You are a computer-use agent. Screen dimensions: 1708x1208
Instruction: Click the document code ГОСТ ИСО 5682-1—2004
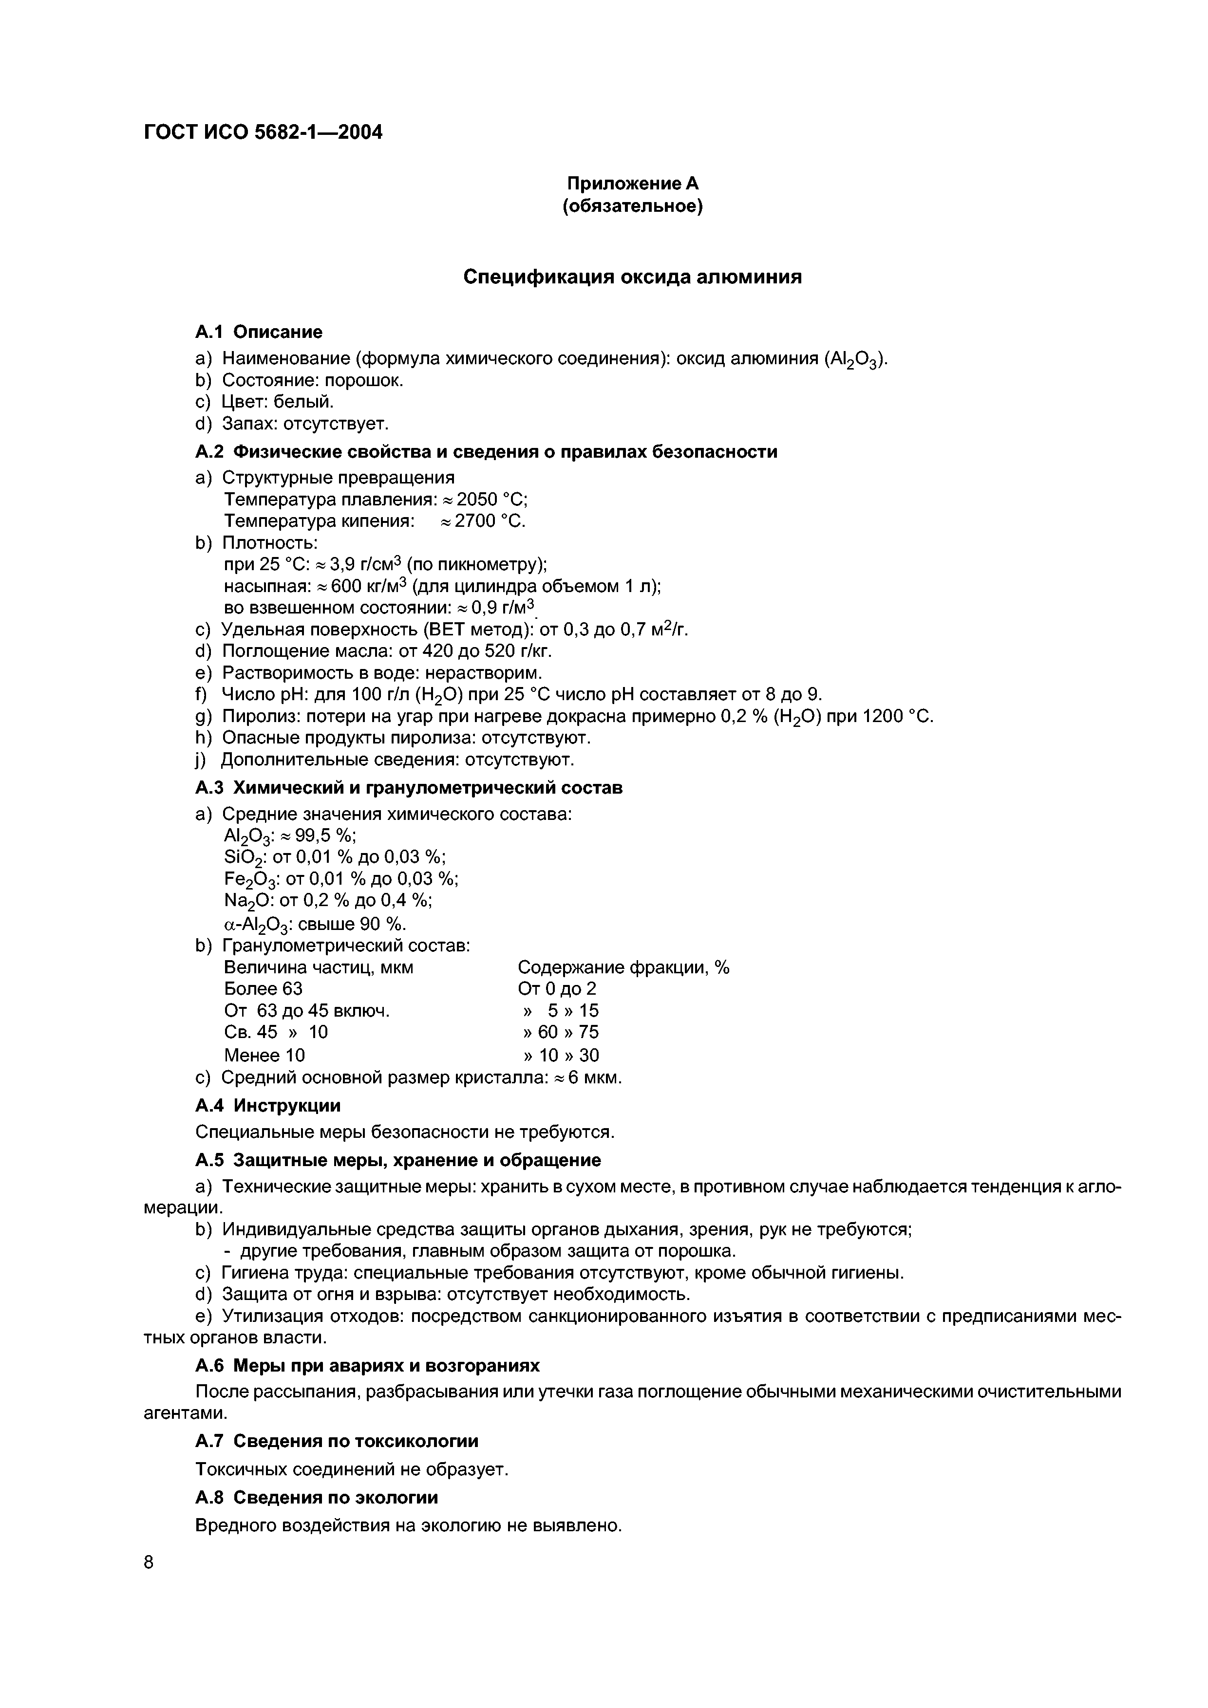263,132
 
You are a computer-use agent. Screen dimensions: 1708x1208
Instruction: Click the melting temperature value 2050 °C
491,499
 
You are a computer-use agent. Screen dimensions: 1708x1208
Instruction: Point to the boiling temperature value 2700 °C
490,521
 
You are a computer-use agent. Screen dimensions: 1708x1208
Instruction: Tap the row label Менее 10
264,1055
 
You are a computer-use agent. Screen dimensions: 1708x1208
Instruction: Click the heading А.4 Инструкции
268,1105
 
